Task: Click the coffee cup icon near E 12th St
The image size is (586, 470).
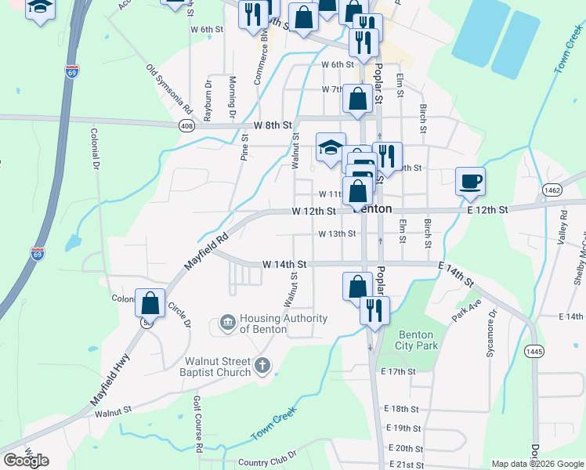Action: [470, 182]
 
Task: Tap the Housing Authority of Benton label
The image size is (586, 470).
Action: [283, 323]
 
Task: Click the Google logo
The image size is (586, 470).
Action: [26, 461]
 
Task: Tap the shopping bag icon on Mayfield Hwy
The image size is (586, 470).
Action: [150, 303]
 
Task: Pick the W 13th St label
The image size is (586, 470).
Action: [337, 233]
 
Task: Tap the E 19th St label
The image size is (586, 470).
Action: [404, 428]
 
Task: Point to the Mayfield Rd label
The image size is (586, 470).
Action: [206, 248]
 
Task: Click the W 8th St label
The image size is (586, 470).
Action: [273, 125]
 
